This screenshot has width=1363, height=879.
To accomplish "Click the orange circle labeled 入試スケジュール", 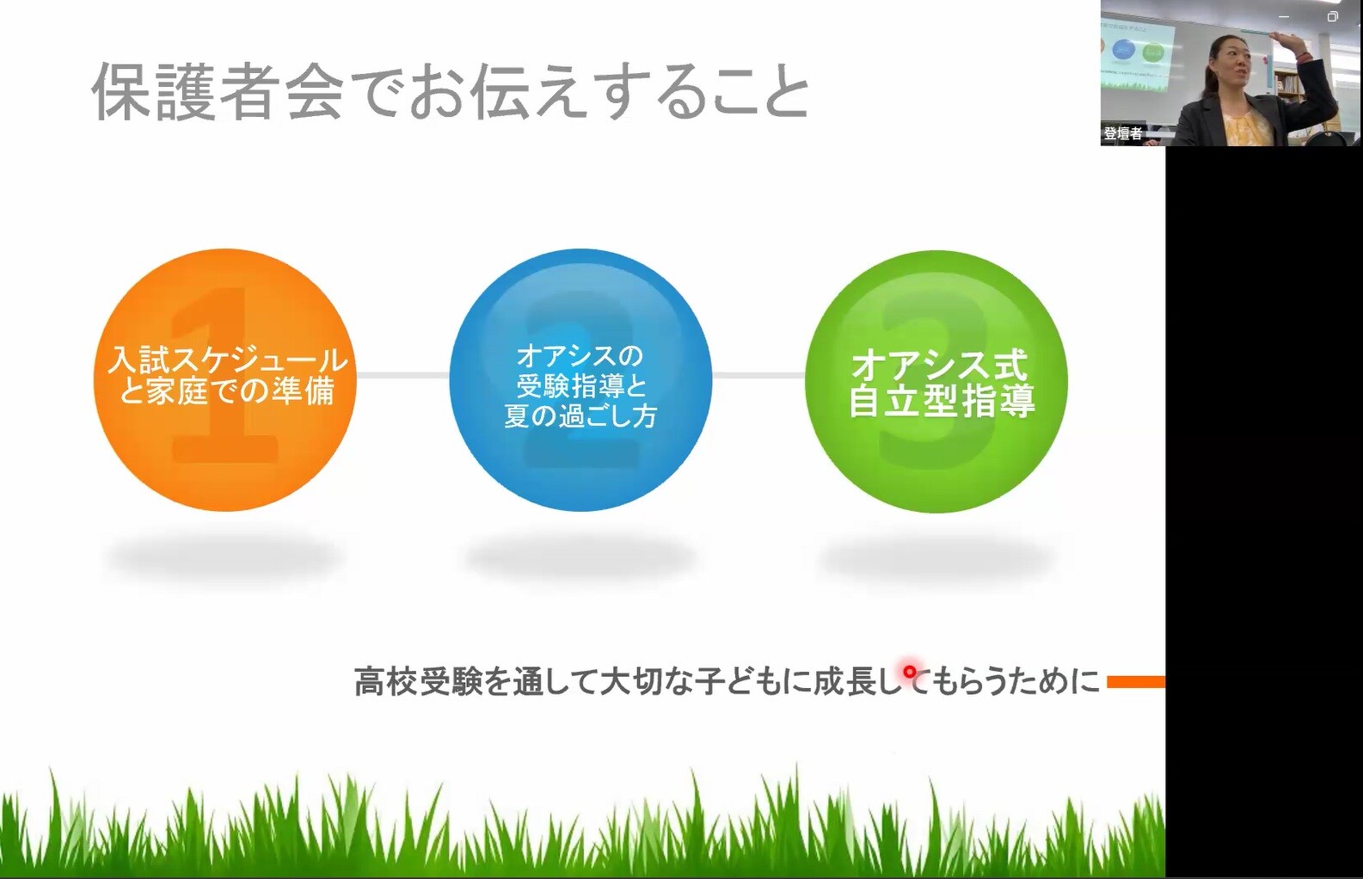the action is tap(224, 380).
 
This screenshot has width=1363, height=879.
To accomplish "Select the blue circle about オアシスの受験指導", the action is tap(580, 380).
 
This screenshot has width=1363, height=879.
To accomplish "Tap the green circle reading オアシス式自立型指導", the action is tap(936, 381).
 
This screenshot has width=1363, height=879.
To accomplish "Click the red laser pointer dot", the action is tap(909, 672).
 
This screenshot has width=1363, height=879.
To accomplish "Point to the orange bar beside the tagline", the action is tap(1136, 682).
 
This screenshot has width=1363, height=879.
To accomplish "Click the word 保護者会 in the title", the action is tap(218, 91).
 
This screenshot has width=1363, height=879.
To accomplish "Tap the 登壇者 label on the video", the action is tap(1123, 133).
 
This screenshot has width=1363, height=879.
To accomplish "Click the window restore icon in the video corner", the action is tap(1332, 16).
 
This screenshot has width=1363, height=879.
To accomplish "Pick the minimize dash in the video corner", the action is tap(1284, 17).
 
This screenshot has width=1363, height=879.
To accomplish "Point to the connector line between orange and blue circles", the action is tap(402, 375).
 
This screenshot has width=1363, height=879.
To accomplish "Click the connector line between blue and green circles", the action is tap(758, 375).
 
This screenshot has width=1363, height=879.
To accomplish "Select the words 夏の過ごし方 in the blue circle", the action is tap(580, 416).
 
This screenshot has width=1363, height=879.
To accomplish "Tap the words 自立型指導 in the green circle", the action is tap(942, 401).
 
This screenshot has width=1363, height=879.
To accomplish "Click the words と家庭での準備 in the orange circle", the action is tap(227, 390).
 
